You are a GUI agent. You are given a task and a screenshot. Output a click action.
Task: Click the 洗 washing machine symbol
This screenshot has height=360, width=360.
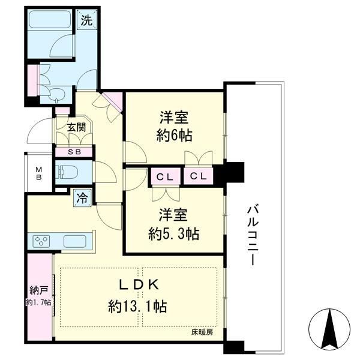[87, 20]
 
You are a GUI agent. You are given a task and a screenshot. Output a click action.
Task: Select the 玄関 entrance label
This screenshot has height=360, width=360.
[76, 127]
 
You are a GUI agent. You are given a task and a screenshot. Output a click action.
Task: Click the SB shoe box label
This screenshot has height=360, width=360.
[74, 152]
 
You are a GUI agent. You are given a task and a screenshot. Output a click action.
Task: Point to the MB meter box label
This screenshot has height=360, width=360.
[39, 173]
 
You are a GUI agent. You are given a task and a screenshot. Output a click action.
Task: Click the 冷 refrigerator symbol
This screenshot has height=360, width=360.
[82, 198]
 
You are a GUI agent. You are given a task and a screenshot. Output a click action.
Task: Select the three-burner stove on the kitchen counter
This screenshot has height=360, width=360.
[41, 241]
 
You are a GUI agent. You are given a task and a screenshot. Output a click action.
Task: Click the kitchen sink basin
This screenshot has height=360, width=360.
[74, 241]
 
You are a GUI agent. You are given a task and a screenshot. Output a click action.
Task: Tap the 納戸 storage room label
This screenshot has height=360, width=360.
[39, 290]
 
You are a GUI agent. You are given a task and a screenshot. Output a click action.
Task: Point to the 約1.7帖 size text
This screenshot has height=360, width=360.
[38, 302]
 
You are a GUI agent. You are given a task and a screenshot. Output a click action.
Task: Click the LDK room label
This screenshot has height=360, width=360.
[138, 285]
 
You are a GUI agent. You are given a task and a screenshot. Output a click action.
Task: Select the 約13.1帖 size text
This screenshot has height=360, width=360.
[137, 306]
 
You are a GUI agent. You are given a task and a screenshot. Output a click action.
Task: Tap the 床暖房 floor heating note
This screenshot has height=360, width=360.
[202, 332]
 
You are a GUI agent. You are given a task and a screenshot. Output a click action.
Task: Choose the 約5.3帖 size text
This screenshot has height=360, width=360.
[173, 233]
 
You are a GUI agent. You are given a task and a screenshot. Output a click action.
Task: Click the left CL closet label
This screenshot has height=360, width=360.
[164, 177]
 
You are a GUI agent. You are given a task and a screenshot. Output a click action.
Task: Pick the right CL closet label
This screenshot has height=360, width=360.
[199, 176]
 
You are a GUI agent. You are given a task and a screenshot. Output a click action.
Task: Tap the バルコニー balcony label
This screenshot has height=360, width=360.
[253, 236]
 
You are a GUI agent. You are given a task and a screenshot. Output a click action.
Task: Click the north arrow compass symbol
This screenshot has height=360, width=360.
[329, 329]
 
